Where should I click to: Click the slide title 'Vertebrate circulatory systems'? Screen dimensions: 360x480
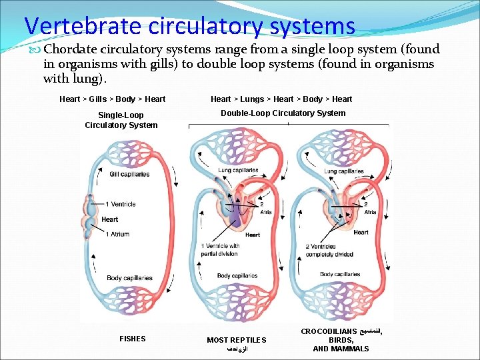(189, 26)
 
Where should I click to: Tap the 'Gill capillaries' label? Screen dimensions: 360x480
(129, 174)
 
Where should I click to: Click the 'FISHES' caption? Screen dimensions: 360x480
(132, 339)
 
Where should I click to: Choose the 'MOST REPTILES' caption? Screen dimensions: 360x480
(236, 340)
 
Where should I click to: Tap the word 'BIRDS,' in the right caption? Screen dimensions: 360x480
(341, 340)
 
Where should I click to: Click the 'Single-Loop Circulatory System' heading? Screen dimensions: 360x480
(121, 120)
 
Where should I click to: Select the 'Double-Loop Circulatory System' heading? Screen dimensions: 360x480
(283, 113)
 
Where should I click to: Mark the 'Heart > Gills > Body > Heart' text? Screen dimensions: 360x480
(112, 99)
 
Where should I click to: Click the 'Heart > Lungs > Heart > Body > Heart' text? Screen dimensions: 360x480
(281, 99)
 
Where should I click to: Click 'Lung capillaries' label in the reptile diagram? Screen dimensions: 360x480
(238, 170)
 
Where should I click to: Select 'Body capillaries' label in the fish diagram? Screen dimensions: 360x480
(129, 278)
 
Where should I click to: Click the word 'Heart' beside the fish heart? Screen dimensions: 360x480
(110, 219)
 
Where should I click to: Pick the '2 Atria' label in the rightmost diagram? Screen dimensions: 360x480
(369, 208)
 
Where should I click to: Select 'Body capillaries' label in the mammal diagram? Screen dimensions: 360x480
(340, 275)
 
